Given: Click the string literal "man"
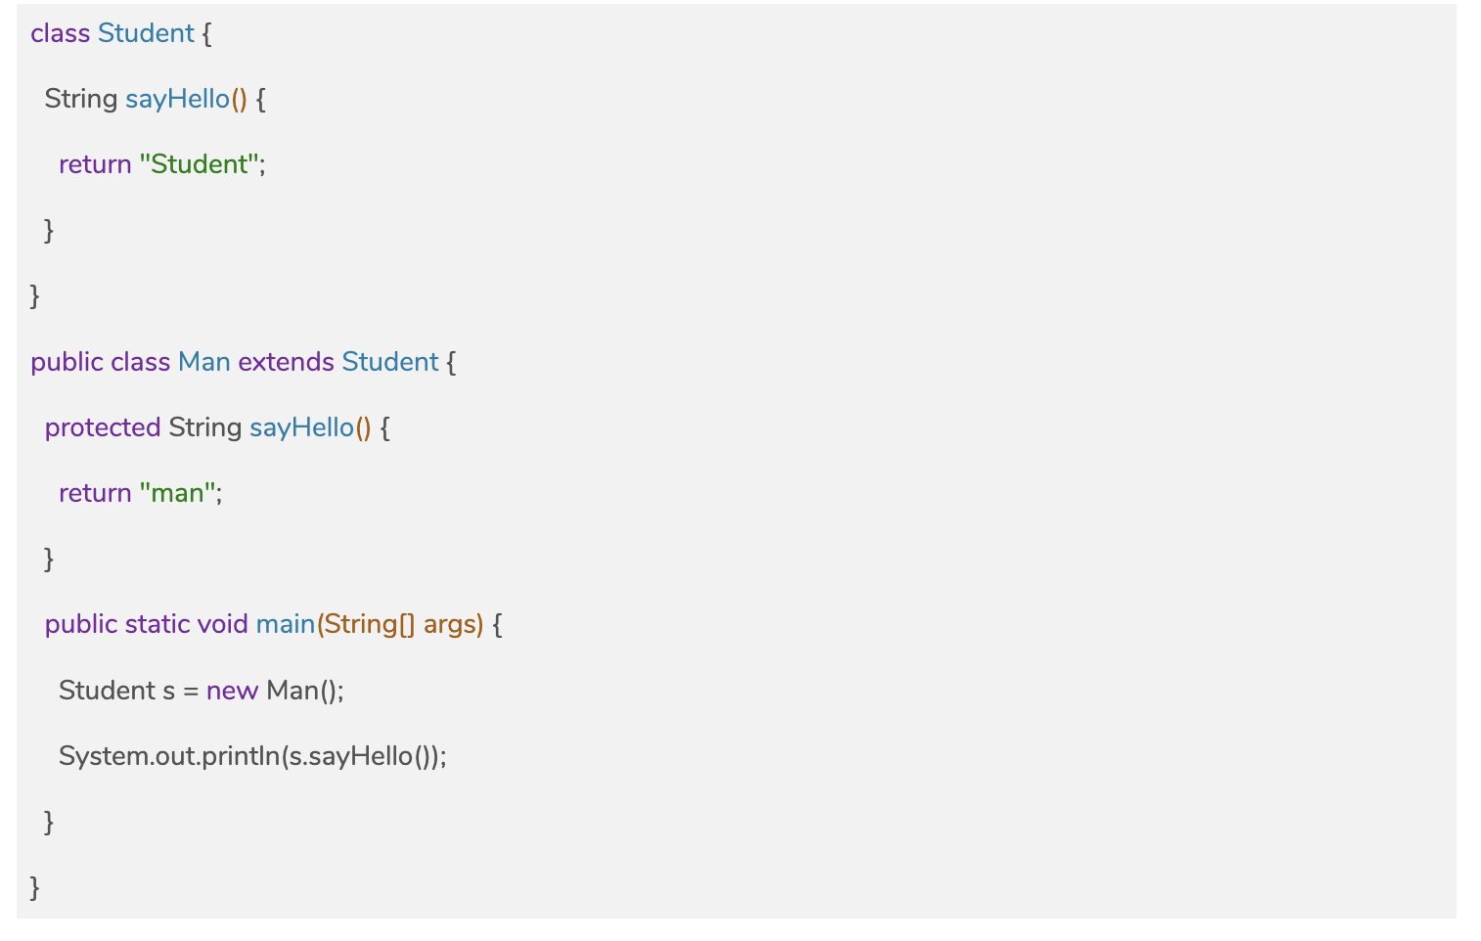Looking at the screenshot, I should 178,493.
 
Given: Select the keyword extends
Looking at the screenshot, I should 286,362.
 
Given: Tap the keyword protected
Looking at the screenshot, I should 103,427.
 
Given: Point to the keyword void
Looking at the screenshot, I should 222,624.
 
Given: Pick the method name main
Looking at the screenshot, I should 285,624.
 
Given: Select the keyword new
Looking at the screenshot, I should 232,691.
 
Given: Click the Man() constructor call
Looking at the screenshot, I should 302,691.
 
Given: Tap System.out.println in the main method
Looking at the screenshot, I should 168,756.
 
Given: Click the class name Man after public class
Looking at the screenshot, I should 203,362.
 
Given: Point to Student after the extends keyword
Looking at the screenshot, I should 389,362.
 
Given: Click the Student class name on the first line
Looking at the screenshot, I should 146,33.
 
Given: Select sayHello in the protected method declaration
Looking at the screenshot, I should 301,427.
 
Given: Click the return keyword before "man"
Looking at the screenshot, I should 95,493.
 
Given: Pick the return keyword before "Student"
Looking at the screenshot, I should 95,164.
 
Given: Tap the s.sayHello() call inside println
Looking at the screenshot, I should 360,756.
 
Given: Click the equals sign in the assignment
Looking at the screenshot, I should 190,692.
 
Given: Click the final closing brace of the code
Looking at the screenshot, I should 35,887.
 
